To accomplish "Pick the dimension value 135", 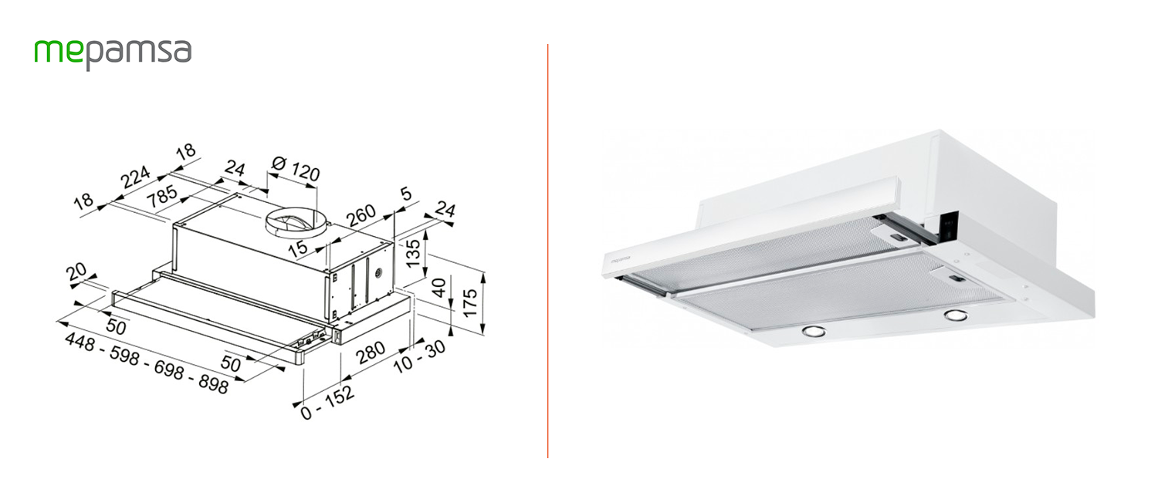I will coord(414,254).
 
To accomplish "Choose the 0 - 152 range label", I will coord(327,402).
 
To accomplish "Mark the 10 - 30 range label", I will coord(420,357).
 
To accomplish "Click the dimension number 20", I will coord(76,272).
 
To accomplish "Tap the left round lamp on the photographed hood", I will coord(812,332).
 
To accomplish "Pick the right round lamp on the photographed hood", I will coord(956,315).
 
